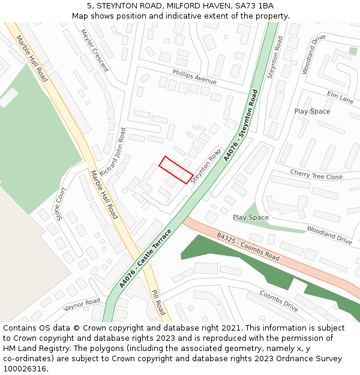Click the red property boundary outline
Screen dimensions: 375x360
(x=176, y=170)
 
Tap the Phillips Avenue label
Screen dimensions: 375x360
(x=194, y=77)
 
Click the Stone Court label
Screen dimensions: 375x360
(x=61, y=203)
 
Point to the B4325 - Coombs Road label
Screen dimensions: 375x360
(x=248, y=247)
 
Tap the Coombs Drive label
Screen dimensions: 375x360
(x=279, y=301)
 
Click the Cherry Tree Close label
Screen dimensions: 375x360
(x=316, y=175)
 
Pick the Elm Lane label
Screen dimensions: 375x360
(x=340, y=97)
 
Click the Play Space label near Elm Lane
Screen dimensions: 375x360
(x=312, y=112)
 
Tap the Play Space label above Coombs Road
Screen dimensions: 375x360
(x=251, y=218)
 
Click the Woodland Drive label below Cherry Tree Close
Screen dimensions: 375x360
(x=329, y=235)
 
